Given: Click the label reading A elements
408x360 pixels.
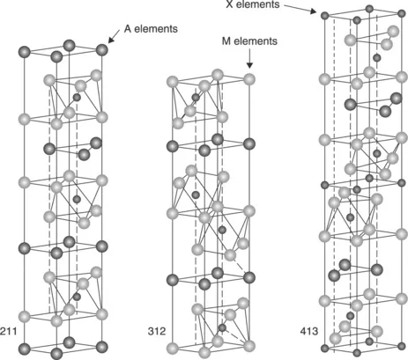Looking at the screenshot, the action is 151,29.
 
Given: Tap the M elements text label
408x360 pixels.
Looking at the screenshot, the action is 249,41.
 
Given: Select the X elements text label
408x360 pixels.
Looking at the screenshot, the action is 253,4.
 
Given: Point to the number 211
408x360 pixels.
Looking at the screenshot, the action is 9,331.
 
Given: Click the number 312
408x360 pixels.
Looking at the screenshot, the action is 157,331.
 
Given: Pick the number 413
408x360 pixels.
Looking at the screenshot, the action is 309,331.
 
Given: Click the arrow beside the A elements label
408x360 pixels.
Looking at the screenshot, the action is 114,36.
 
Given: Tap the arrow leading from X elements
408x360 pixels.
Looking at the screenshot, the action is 300,9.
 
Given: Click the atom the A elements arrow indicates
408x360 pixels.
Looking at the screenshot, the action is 101,49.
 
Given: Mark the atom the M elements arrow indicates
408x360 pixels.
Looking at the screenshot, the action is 249,79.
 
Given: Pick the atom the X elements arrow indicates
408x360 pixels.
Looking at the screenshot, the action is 324,15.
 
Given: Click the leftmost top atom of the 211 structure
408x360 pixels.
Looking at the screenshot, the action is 25,52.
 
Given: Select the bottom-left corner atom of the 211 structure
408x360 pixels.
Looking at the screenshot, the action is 25,349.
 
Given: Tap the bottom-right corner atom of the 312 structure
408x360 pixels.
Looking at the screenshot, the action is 249,346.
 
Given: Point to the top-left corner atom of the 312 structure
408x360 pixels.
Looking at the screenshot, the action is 173,82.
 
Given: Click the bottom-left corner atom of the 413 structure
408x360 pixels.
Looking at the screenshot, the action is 324,349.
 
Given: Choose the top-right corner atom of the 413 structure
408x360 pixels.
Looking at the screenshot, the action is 402,13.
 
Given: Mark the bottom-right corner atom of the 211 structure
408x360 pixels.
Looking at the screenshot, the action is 101,347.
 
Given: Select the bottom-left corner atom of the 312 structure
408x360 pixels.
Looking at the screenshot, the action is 173,349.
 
